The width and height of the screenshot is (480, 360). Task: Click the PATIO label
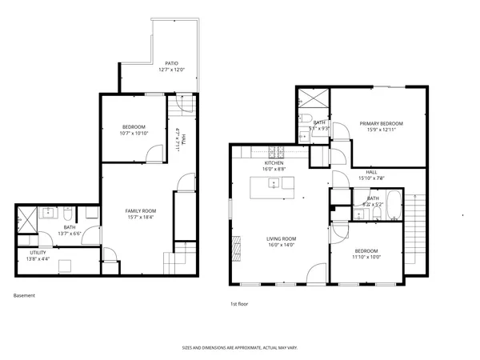click(x=171, y=62)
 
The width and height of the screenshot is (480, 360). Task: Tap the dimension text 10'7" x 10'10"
click(x=134, y=134)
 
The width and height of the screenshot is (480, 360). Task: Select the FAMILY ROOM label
click(x=139, y=211)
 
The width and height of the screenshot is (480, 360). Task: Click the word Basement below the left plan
click(x=24, y=295)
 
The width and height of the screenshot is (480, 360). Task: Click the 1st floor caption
click(x=239, y=304)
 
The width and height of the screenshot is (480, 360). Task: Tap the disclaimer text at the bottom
click(x=239, y=348)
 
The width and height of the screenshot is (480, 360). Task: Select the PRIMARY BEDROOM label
click(x=381, y=123)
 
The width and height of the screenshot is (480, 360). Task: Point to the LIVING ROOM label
click(x=282, y=238)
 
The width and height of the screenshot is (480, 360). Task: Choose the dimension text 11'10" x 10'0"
click(x=368, y=257)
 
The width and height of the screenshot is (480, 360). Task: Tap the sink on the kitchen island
click(x=274, y=183)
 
